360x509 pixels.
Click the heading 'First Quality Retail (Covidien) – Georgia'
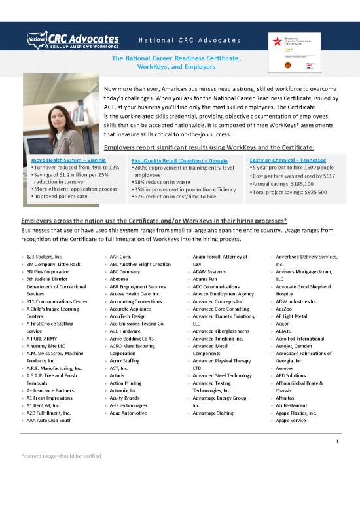pyautogui.click(x=174, y=161)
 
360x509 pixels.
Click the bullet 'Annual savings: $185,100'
pyautogui.click(x=283, y=184)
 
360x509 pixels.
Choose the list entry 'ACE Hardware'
pyautogui.click(x=125, y=331)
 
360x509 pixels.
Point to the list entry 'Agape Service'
pyautogui.click(x=290, y=420)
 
